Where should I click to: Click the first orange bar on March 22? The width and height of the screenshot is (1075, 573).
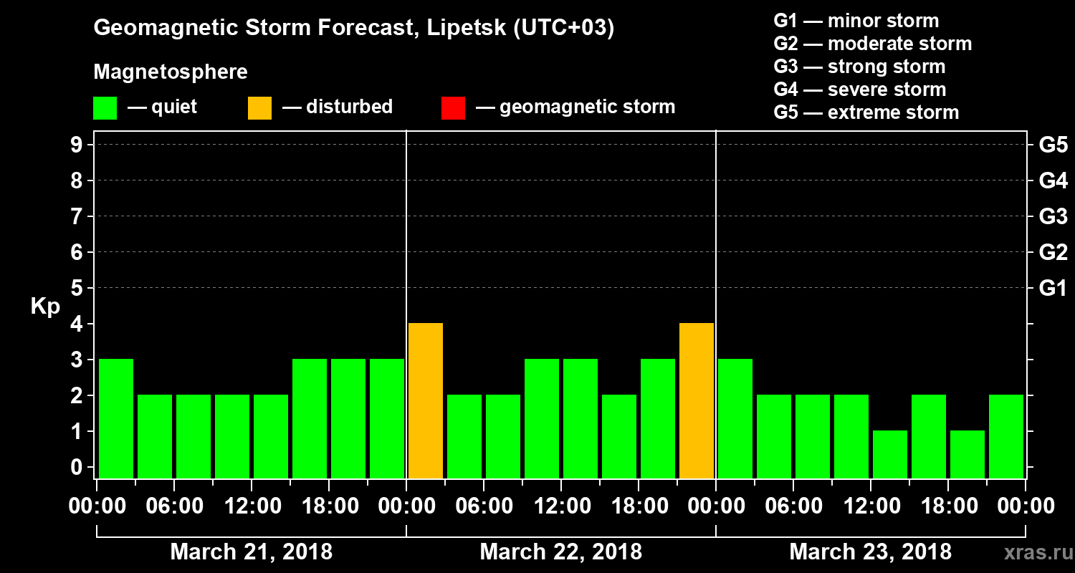tap(425, 400)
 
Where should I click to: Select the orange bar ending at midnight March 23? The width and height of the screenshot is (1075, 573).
tap(697, 400)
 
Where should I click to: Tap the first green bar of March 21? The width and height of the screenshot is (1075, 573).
tap(116, 418)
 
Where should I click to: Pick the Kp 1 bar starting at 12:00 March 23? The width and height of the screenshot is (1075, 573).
tap(890, 454)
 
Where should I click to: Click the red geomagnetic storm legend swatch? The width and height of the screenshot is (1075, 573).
tap(453, 107)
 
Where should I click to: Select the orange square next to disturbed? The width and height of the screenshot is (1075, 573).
tap(259, 107)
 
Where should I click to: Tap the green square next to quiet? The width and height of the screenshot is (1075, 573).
tap(105, 107)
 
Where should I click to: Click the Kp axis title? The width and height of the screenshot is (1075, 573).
tap(45, 307)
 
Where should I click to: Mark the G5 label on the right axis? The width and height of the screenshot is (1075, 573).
tap(1053, 145)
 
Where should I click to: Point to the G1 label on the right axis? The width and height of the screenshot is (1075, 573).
tap(1053, 289)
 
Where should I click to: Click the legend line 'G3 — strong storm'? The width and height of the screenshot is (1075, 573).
tap(859, 67)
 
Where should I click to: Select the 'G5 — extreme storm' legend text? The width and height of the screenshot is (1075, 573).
tap(866, 112)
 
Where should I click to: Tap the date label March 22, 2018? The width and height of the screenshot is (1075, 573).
tap(560, 552)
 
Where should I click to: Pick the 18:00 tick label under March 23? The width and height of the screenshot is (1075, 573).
tap(947, 506)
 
